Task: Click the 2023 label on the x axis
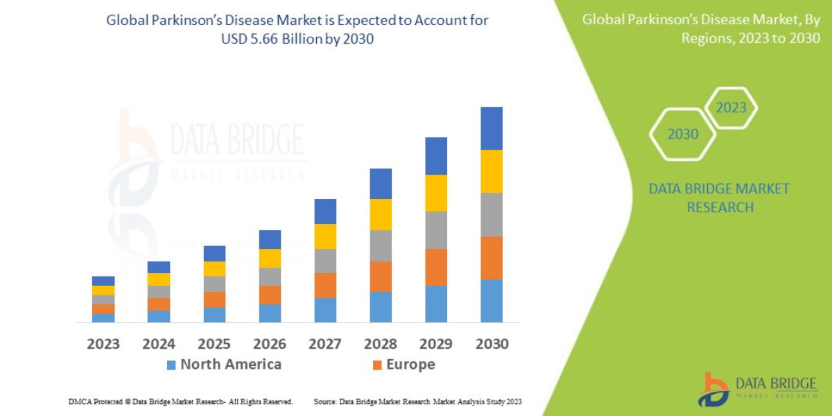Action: pos(103,344)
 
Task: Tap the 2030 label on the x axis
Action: pos(492,344)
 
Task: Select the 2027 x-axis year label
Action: pos(325,344)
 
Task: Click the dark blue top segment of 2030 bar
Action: pos(492,128)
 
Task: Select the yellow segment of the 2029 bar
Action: pos(436,193)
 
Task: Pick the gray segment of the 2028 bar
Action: pos(381,245)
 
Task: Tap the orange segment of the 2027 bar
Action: pos(325,285)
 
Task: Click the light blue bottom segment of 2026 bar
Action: pos(270,313)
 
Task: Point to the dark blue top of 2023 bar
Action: pos(103,281)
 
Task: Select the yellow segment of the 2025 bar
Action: pos(214,268)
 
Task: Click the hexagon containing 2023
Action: pos(731,108)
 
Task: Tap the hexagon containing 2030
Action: pos(683,135)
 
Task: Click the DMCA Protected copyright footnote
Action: pos(180,401)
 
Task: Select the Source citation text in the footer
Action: pos(417,401)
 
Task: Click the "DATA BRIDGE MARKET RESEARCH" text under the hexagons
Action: pos(719,198)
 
